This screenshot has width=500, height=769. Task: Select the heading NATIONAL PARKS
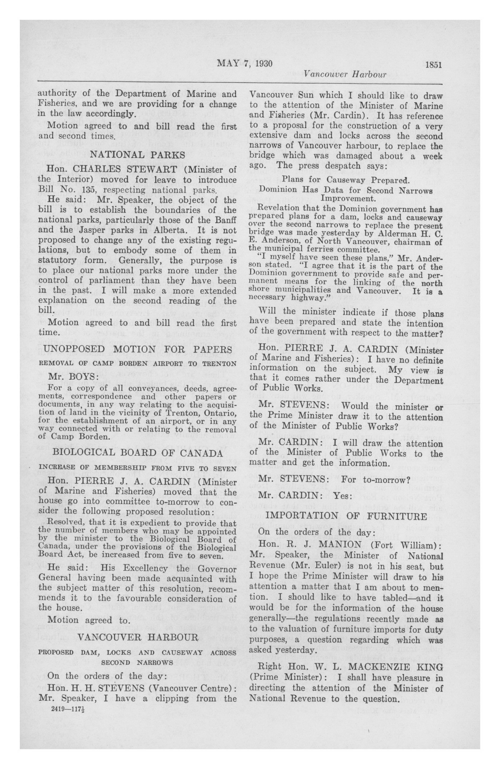pyautogui.click(x=137, y=154)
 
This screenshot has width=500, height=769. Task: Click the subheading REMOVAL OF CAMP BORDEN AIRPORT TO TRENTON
pyautogui.click(x=137, y=363)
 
